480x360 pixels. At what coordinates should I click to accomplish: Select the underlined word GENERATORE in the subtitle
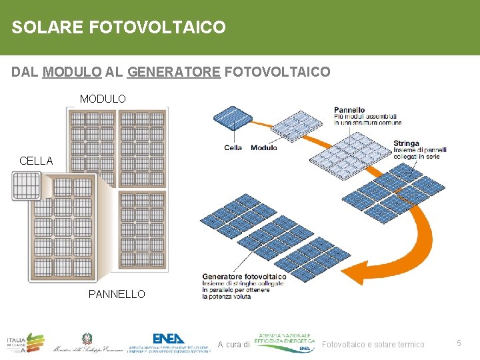[x=173, y=72]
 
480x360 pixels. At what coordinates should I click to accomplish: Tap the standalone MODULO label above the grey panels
[x=103, y=99]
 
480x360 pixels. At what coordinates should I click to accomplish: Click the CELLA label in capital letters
[x=36, y=161]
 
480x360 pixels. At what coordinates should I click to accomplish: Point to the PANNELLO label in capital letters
[x=117, y=294]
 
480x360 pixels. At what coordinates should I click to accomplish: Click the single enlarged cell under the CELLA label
[x=27, y=185]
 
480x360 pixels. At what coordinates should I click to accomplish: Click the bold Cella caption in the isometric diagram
[x=233, y=147]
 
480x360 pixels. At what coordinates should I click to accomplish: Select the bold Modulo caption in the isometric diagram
[x=263, y=147]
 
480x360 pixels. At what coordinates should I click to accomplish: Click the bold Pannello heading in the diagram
[x=349, y=110]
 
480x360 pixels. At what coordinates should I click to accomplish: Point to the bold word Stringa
[x=406, y=143]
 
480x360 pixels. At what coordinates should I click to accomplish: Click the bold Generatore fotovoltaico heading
[x=244, y=277]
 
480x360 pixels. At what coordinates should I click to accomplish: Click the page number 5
[x=459, y=343]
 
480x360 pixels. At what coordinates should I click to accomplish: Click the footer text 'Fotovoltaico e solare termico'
[x=373, y=344]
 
